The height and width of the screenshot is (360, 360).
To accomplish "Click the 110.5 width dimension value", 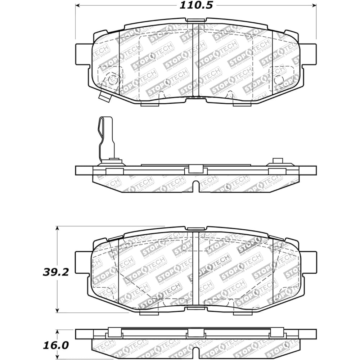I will tap(196, 5).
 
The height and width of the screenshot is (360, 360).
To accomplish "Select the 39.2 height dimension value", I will tap(56, 272).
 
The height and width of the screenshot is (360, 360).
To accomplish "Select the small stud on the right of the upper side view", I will tap(277, 161).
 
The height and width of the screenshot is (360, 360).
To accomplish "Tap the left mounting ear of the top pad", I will tap(83, 54).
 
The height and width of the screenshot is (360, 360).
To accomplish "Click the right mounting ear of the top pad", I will tap(309, 54).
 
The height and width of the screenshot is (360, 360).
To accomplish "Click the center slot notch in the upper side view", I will tap(196, 186).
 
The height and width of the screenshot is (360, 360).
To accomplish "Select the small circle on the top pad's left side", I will tap(113, 80).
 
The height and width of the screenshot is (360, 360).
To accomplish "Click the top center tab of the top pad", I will tap(196, 20).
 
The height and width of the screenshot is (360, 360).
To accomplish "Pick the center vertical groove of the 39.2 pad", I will tap(196, 268).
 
